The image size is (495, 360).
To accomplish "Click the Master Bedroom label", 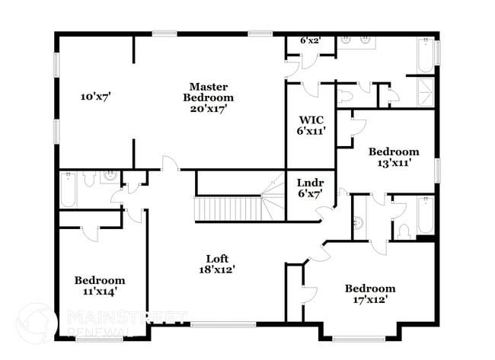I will coord(208,97).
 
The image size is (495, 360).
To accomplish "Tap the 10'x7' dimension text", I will coord(97,97).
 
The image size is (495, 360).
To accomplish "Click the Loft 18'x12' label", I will coord(217,263).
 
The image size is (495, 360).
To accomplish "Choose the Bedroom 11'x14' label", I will coord(99,285).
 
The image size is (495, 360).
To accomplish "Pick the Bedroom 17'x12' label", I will coord(369,293).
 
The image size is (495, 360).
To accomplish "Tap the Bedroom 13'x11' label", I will coord(393,157).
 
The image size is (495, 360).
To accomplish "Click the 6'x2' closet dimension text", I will coord(309,40).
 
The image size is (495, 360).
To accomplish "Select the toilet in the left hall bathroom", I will coord(88,180).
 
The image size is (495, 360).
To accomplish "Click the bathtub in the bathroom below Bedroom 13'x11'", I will coord(425,216).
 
